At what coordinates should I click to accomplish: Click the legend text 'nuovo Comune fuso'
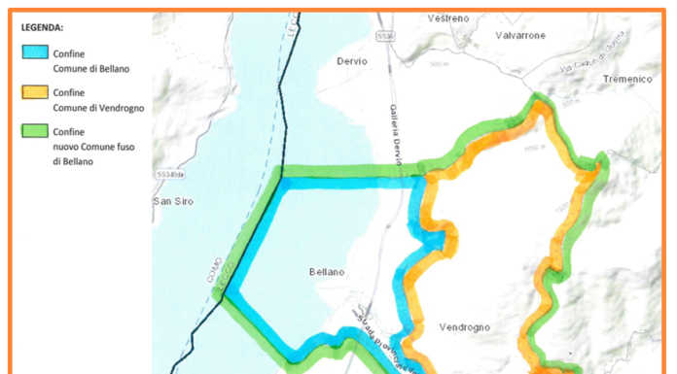point(92,147)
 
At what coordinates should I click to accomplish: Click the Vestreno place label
point(448,19)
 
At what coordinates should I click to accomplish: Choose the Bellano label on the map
point(327,272)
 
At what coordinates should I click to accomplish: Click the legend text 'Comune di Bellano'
point(90,69)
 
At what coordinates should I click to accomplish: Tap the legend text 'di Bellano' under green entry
point(73,161)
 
